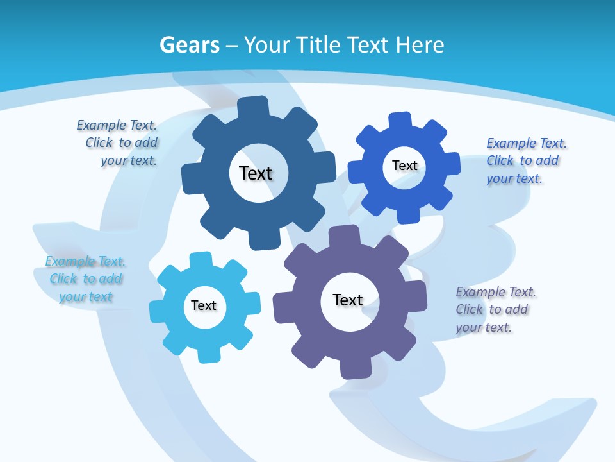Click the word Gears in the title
189,45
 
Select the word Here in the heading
420,45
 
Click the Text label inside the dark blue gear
256,173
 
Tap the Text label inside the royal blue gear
404,166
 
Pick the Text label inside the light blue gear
204,305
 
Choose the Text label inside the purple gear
348,300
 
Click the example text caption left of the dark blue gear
119,143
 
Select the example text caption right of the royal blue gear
525,160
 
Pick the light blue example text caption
86,279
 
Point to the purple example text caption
495,309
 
